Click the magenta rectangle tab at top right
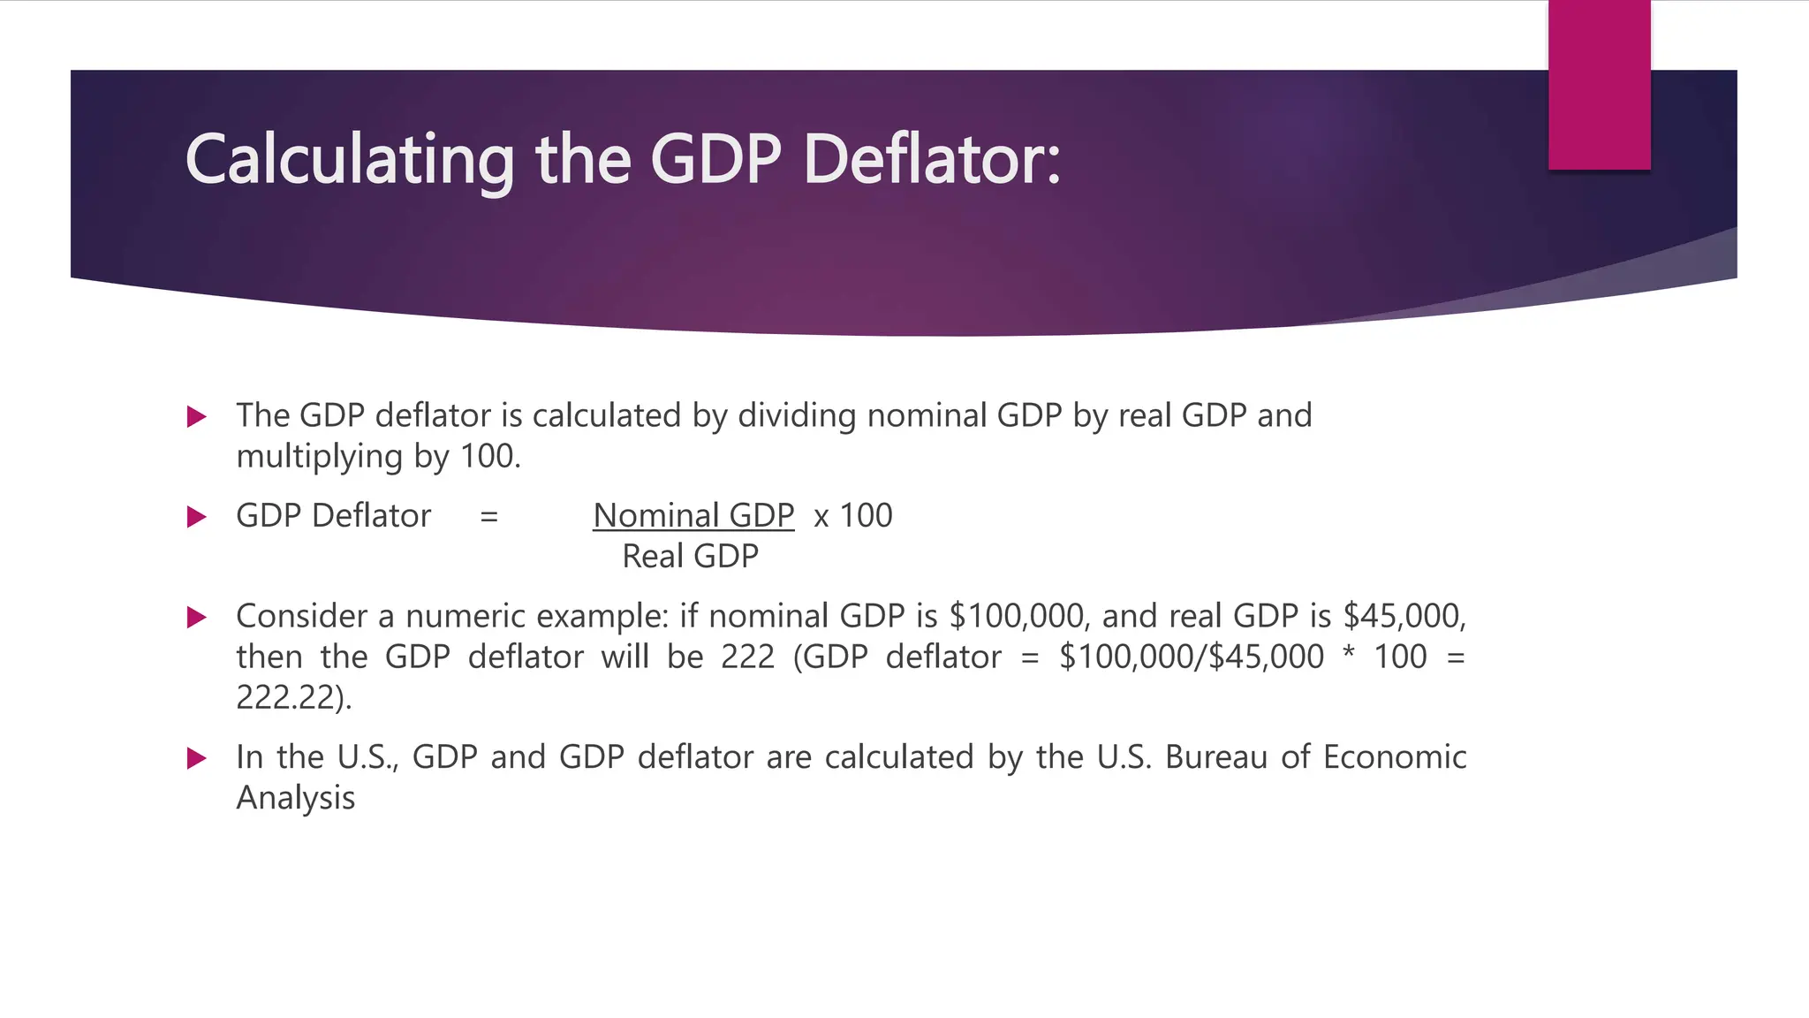tap(1599, 85)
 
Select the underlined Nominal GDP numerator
tap(693, 515)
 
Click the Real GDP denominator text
tap(690, 557)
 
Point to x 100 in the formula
tap(853, 515)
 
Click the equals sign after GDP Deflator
tap(488, 516)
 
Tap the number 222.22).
tap(293, 698)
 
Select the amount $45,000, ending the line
tap(1404, 616)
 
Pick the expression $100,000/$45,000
tap(1191, 657)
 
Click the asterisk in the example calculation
tap(1348, 656)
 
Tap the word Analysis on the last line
tap(295, 798)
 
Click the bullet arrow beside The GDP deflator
tap(197, 416)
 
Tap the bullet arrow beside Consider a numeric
tap(197, 617)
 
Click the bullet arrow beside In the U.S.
tap(197, 758)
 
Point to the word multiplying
tap(319, 457)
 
